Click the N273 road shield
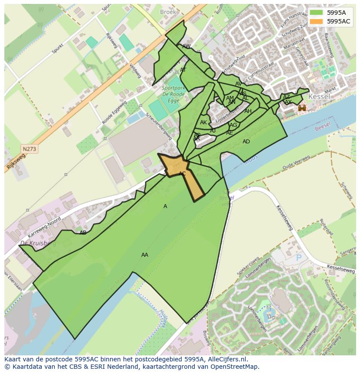tap(30, 149)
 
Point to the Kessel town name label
tap(320, 96)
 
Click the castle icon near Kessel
tap(302, 107)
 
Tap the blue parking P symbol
tap(298, 257)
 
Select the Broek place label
tap(168, 12)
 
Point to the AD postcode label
tap(246, 142)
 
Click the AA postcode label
tap(145, 255)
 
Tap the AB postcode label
tap(83, 233)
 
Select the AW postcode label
tap(187, 46)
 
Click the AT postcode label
tap(183, 70)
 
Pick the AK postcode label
tap(203, 122)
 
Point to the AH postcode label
tap(248, 111)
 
